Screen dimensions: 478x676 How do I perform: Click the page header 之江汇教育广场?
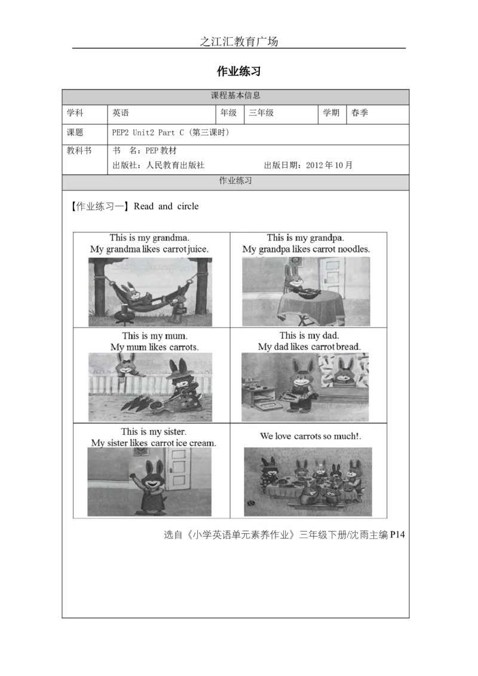(238, 41)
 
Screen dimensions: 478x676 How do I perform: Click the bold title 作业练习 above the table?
(238, 71)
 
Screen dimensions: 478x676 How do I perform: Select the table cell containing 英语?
(161, 113)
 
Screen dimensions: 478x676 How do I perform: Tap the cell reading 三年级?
(281, 113)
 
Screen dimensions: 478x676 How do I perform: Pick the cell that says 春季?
(378, 113)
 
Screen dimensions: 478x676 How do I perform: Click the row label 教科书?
(79, 150)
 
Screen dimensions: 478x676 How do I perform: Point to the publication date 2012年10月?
(329, 165)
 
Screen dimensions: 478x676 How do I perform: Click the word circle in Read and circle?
(188, 207)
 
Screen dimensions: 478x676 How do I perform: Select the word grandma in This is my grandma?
(171, 238)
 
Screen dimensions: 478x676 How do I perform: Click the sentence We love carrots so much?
(310, 437)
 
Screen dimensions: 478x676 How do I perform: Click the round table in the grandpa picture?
(311, 306)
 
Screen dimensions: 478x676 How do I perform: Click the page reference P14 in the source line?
(397, 534)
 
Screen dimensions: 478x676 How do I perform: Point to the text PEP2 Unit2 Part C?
(148, 133)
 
